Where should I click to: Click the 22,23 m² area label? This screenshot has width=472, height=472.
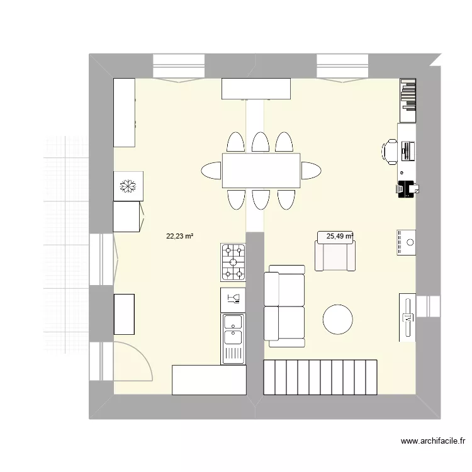tap(179, 237)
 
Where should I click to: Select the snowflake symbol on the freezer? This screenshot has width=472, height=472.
tap(128, 186)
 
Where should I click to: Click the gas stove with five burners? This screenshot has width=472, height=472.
tap(233, 262)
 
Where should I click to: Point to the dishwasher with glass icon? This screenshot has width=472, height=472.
tap(233, 298)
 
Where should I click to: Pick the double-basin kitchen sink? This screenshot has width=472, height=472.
tap(233, 337)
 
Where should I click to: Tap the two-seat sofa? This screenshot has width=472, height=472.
tap(284, 306)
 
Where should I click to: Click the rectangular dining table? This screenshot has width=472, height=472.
tap(261, 171)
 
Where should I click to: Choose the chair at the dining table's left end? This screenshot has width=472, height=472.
tap(211, 171)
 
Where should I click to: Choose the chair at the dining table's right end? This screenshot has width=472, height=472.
tap(310, 171)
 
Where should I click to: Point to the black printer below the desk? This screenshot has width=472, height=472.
tap(406, 188)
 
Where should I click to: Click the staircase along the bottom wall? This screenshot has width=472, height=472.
tap(320, 376)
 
